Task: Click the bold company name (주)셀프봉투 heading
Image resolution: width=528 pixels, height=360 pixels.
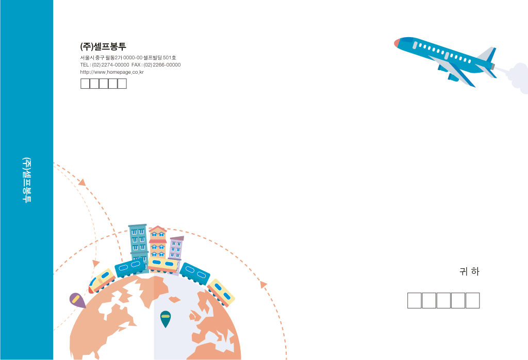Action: point(103,46)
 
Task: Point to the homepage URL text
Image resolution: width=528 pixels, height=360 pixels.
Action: point(112,72)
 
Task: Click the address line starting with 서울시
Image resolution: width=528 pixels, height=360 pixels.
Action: point(128,58)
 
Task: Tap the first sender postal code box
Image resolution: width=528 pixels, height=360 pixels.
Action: point(85,84)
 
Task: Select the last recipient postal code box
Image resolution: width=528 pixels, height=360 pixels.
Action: point(472,300)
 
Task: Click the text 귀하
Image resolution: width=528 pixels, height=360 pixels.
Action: point(469,271)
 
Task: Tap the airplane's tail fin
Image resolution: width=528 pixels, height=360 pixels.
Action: point(488,54)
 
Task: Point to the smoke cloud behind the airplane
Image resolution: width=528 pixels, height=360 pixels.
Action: point(518,78)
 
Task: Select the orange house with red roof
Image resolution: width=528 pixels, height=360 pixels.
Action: point(158,242)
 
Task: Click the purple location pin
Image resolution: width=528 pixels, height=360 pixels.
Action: point(77,300)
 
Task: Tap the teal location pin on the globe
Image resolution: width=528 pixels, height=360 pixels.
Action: point(166,318)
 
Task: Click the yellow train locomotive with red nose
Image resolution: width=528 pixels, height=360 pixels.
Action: point(102,281)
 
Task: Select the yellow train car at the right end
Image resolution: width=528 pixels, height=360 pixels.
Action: point(221,292)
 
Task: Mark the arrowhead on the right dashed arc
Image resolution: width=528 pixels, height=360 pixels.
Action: point(263,285)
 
